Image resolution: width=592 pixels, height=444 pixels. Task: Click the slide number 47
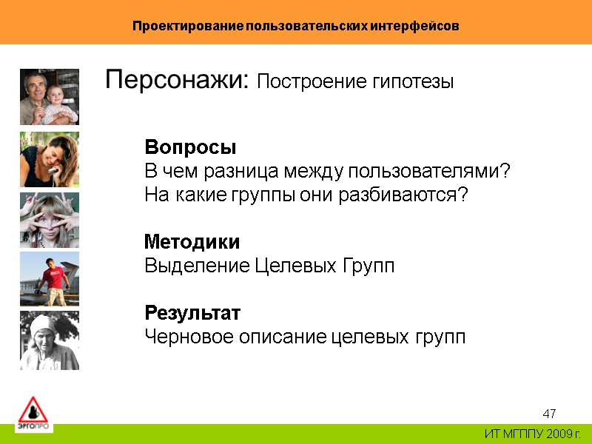click(x=549, y=413)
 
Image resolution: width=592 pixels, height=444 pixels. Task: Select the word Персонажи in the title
click(x=178, y=80)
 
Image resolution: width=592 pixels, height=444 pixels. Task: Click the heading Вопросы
click(x=190, y=147)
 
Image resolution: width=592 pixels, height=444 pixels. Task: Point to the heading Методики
click(x=192, y=242)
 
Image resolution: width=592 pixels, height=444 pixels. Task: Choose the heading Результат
click(x=192, y=313)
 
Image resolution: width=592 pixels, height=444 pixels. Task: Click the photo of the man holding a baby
click(x=50, y=97)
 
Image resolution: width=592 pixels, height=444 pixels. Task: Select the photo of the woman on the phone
click(x=50, y=159)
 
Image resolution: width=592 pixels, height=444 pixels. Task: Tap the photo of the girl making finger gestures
click(x=50, y=220)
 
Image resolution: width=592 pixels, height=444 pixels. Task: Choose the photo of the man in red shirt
click(x=50, y=279)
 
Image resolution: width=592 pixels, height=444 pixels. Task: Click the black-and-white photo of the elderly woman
click(x=50, y=340)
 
